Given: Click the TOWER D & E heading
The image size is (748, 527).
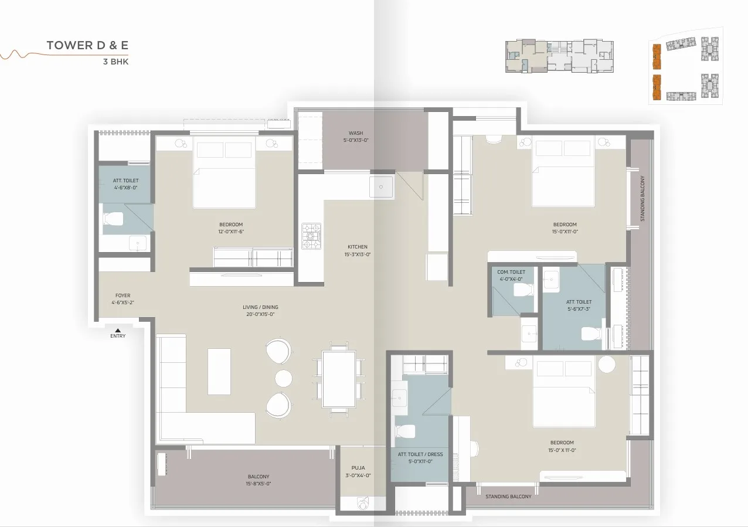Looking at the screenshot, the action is coord(87,45).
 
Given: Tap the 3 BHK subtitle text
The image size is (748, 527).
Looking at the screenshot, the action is coord(116,62).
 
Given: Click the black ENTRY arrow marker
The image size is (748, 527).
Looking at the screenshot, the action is coord(118,330).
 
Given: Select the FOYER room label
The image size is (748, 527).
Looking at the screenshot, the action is coord(123,295).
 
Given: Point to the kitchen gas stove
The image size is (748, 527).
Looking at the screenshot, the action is coord(311,236).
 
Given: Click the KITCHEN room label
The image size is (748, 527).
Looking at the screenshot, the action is coord(358,247).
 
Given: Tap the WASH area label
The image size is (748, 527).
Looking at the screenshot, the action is coord(356,133).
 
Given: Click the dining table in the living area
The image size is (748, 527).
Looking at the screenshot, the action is coord(339,379).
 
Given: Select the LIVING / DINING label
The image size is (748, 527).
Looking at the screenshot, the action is coord(260,307).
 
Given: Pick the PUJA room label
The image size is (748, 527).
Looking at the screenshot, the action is coord(358,468).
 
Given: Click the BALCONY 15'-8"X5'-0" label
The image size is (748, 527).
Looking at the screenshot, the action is coord(259,480).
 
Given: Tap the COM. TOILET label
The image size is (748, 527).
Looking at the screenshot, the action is coord(511,272).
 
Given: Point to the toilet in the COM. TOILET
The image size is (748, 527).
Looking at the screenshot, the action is coord(523,290).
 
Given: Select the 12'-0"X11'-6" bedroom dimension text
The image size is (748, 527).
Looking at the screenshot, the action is coord(231,232).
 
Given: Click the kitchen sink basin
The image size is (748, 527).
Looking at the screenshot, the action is coord(381,187).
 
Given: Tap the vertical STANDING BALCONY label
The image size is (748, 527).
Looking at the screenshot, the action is coord(642,198).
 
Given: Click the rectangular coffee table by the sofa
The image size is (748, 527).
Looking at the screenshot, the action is coord(219,372).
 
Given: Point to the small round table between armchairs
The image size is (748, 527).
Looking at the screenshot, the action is coord(284,378).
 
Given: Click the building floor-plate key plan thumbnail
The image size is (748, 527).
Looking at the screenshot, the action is coord(559,56).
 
